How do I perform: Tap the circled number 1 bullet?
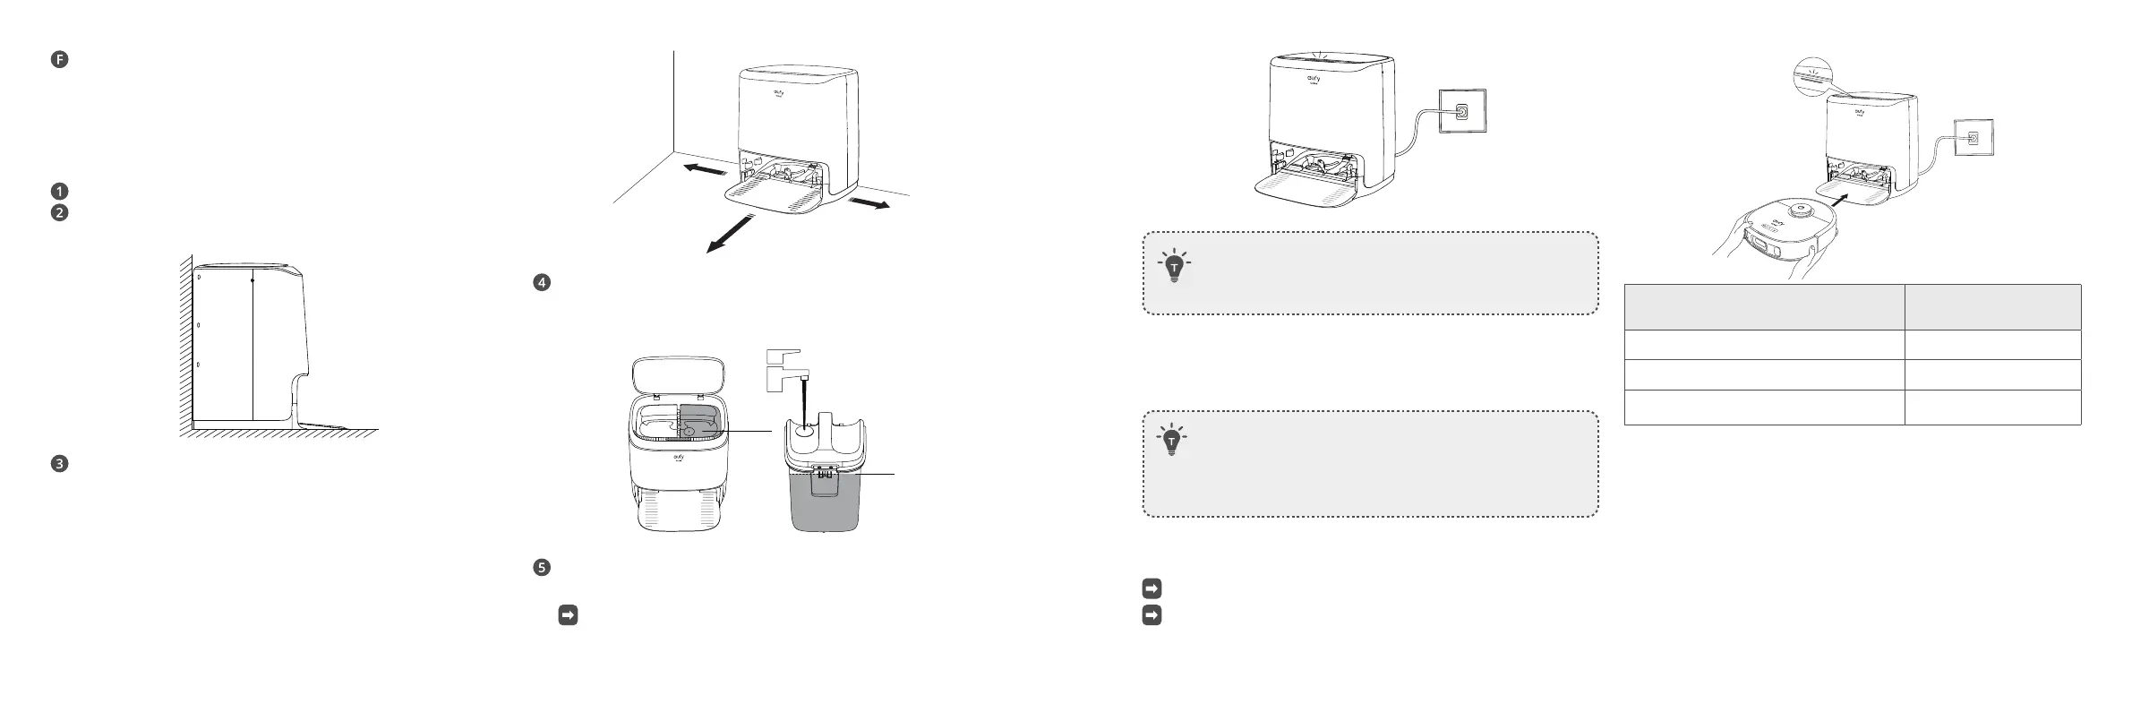click(x=59, y=191)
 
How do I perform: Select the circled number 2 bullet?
click(x=59, y=213)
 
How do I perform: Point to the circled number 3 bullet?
click(x=59, y=464)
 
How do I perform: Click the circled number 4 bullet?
click(x=541, y=282)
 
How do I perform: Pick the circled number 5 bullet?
click(x=541, y=567)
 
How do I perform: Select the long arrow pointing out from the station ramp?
click(x=729, y=235)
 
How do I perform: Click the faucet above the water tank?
click(x=784, y=367)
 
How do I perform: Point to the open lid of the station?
click(x=677, y=374)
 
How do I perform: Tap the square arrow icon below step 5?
click(x=567, y=615)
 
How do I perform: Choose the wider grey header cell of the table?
click(x=1763, y=307)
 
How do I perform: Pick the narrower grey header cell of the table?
click(x=1991, y=307)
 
